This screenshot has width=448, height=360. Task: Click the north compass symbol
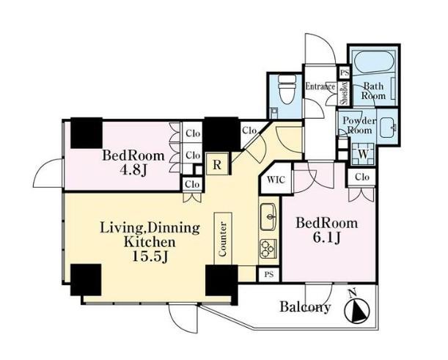point(357,308)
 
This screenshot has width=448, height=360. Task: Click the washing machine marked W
point(363,154)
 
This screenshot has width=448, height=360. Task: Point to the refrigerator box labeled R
point(218,164)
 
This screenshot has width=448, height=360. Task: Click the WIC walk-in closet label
point(276,180)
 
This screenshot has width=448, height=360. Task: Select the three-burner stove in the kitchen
point(268,249)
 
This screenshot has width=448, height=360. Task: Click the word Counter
point(223,239)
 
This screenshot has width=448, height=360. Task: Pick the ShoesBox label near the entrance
point(345,93)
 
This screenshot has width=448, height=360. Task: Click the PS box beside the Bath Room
point(345,73)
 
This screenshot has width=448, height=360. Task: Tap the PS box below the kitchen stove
point(269,274)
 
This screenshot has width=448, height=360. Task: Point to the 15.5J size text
point(150,257)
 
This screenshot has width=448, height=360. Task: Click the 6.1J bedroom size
point(326,238)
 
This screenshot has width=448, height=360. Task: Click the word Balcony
point(305,307)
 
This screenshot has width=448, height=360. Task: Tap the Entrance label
point(320,86)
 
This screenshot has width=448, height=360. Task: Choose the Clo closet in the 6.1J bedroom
point(362,177)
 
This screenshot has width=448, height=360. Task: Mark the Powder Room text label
point(359,125)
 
